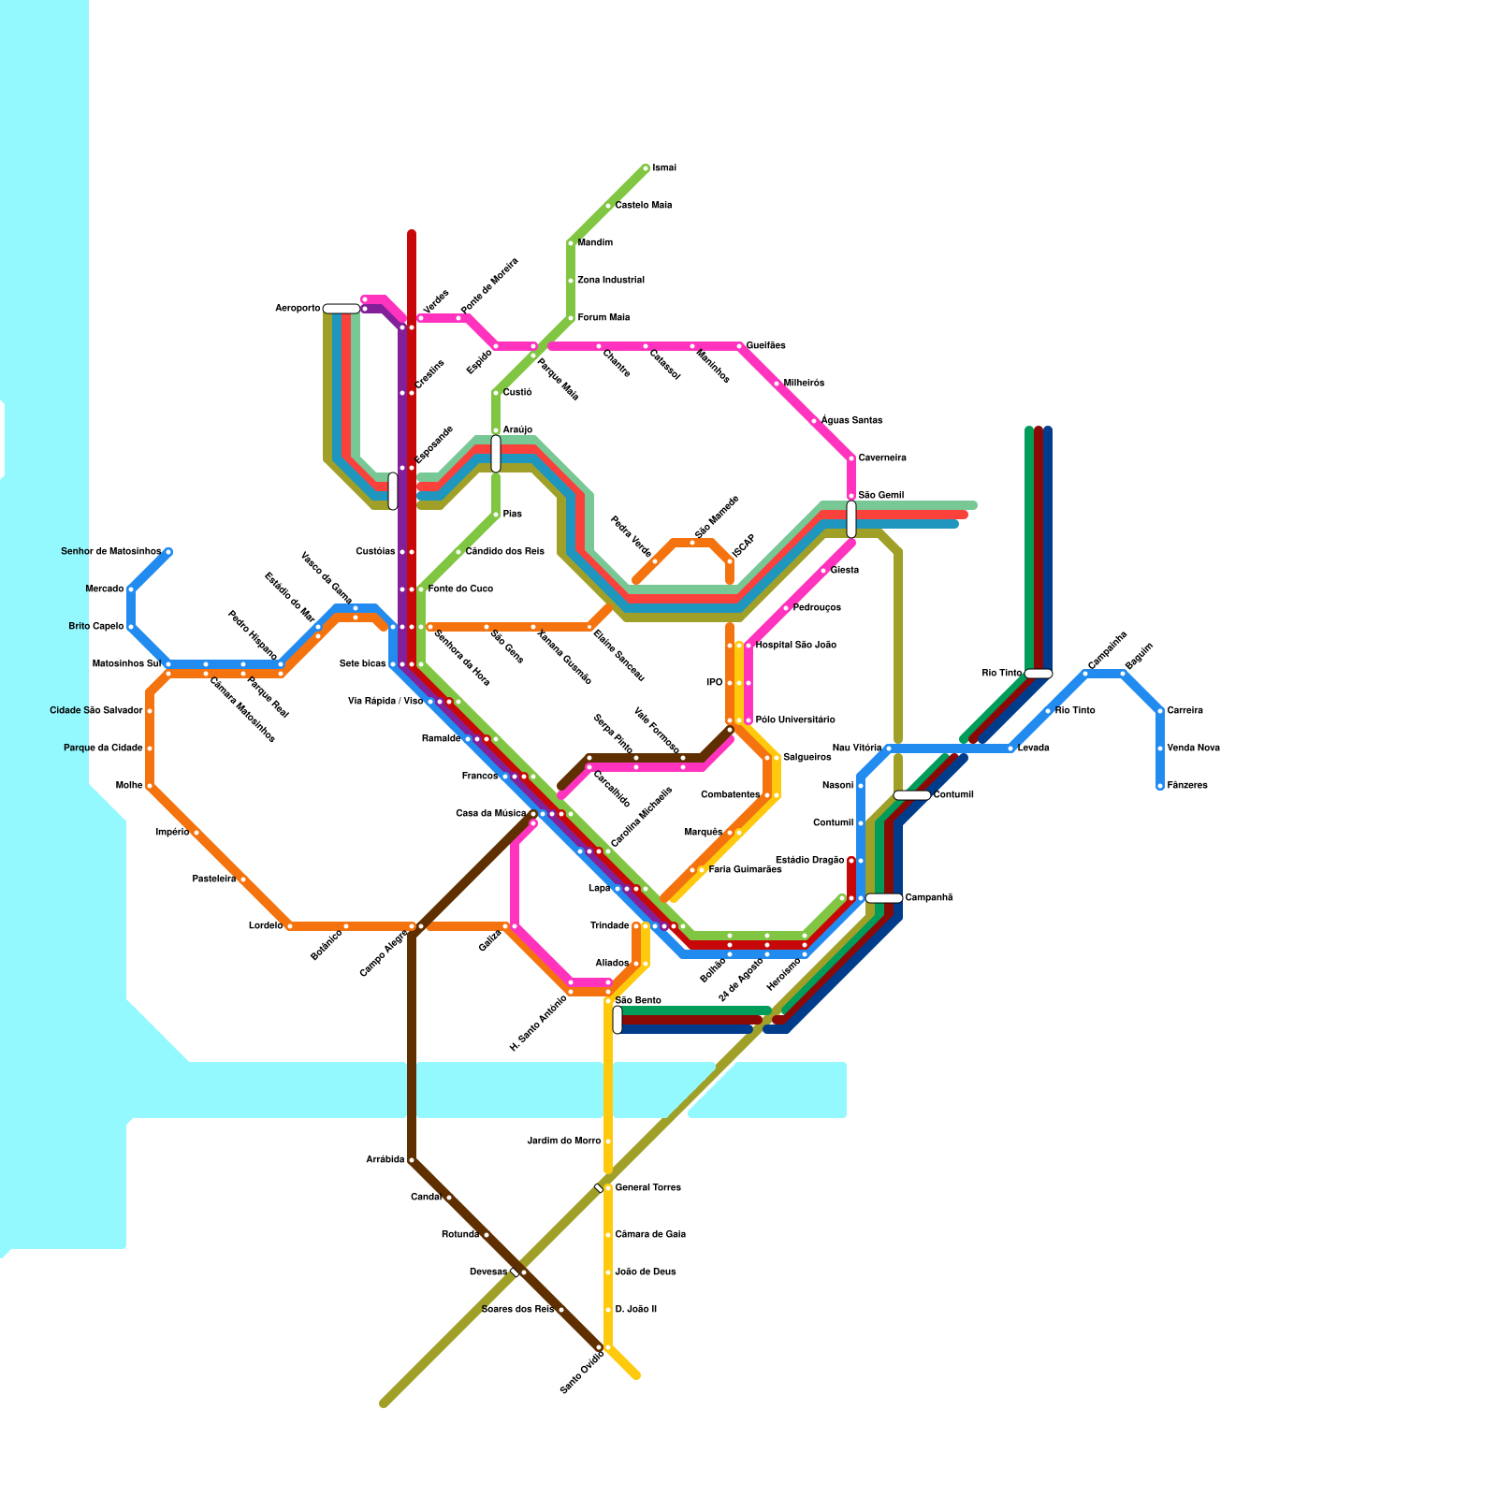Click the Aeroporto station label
[298, 309]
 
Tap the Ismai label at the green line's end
[664, 168]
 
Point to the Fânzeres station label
[1187, 786]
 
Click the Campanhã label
[928, 898]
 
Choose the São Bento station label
[638, 1001]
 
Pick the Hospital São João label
[795, 646]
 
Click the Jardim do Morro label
[564, 1141]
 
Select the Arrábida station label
[385, 1160]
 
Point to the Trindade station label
[610, 926]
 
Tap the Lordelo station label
[266, 926]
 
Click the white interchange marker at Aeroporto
[342, 309]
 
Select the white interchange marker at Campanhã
[883, 898]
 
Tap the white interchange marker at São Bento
[618, 1020]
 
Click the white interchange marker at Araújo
[496, 453]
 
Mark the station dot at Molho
[150, 786]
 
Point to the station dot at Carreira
[1160, 711]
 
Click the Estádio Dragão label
[810, 861]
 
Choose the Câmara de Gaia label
[650, 1235]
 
